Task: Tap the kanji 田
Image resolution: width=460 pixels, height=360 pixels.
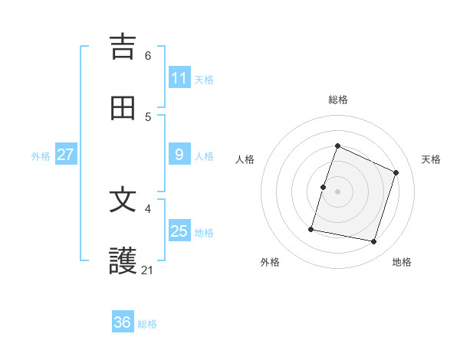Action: pyautogui.click(x=123, y=108)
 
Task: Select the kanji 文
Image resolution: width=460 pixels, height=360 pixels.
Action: pyautogui.click(x=123, y=200)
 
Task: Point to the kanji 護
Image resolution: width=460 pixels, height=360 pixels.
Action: pyautogui.click(x=123, y=261)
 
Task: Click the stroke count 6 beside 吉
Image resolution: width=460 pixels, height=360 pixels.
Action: pyautogui.click(x=148, y=56)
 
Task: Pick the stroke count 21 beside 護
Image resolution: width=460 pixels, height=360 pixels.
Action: pyautogui.click(x=148, y=270)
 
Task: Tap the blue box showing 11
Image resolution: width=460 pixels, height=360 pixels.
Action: pyautogui.click(x=179, y=78)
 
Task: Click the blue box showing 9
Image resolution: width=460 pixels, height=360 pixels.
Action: pyautogui.click(x=179, y=155)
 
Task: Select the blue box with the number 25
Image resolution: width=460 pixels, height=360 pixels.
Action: pyautogui.click(x=179, y=231)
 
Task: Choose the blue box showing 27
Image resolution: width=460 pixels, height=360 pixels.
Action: pyautogui.click(x=66, y=155)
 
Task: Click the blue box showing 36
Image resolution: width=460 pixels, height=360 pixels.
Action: pyautogui.click(x=123, y=322)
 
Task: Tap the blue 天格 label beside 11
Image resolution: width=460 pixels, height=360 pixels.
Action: pyautogui.click(x=204, y=79)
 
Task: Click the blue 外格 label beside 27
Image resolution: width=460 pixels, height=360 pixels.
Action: pyautogui.click(x=41, y=155)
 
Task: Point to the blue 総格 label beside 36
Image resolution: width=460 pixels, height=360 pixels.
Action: pyautogui.click(x=147, y=323)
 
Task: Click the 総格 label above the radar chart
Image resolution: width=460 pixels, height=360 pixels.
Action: pyautogui.click(x=338, y=100)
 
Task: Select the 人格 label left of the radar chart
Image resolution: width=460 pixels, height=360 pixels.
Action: pyautogui.click(x=245, y=159)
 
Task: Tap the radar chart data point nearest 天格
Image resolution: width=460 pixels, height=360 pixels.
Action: pyautogui.click(x=396, y=172)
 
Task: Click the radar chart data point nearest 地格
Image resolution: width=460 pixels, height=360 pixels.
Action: pyautogui.click(x=374, y=242)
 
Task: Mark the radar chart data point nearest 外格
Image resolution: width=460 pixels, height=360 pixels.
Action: pyautogui.click(x=312, y=229)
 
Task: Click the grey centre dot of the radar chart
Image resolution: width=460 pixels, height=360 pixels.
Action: pyautogui.click(x=338, y=191)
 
